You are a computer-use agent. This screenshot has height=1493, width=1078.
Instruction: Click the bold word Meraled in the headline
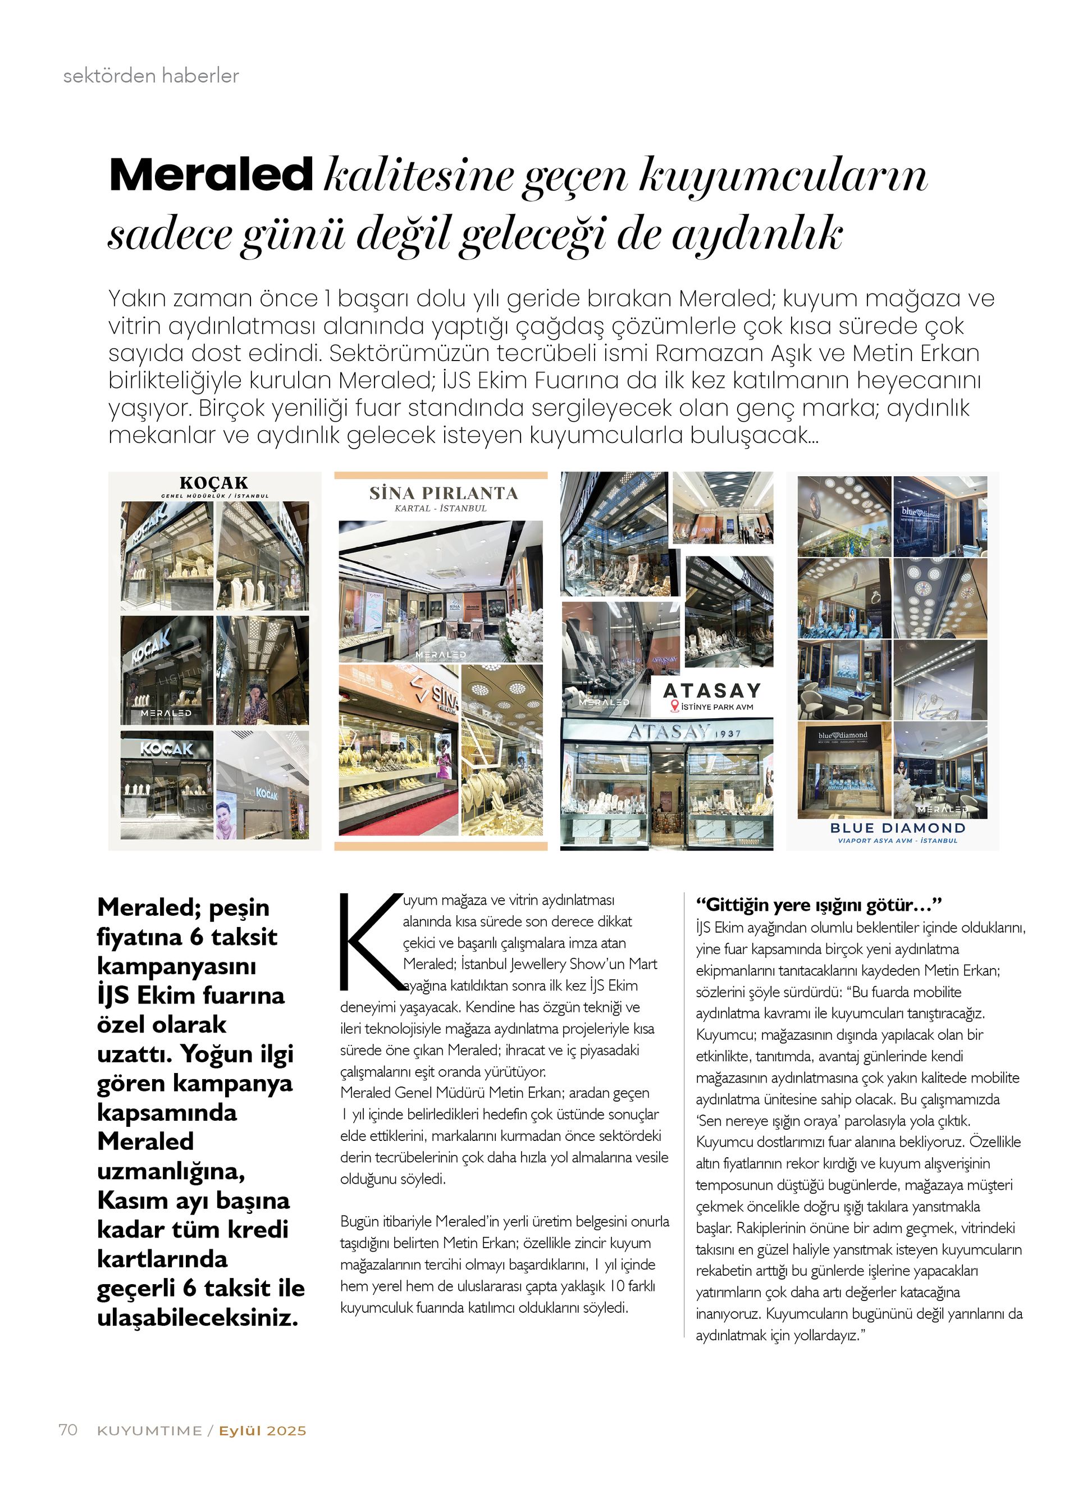point(211,175)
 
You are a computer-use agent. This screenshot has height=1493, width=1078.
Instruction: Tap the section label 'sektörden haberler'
point(150,76)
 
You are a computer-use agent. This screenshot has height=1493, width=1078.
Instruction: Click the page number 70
point(68,1429)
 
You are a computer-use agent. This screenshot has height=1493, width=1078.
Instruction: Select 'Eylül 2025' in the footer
point(263,1431)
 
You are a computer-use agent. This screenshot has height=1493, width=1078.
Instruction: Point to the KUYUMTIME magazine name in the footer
point(149,1431)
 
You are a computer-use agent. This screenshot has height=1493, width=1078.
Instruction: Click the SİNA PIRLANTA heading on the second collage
point(443,493)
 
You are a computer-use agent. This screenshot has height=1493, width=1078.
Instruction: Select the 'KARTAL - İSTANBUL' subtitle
point(440,509)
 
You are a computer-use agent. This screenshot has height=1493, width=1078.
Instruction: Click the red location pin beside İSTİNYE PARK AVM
point(673,706)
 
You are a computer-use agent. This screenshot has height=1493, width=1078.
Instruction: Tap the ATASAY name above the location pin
point(711,690)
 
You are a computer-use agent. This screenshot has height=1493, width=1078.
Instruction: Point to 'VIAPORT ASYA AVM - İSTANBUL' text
point(897,841)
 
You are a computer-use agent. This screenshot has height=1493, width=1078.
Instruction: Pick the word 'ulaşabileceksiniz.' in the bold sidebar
point(198,1317)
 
